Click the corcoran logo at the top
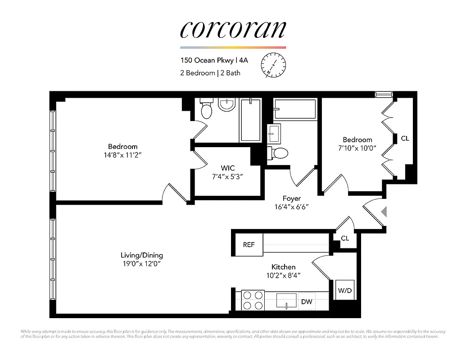pos(233,29)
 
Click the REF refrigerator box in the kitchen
pos(249,245)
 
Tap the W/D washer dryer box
pos(345,290)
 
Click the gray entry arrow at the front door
pos(384,211)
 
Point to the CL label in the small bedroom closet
pos(405,139)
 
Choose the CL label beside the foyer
pos(345,238)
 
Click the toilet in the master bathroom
pos(206,109)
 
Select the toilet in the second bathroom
pos(279,153)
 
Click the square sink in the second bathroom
pos(274,133)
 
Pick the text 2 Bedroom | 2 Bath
pos(210,72)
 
